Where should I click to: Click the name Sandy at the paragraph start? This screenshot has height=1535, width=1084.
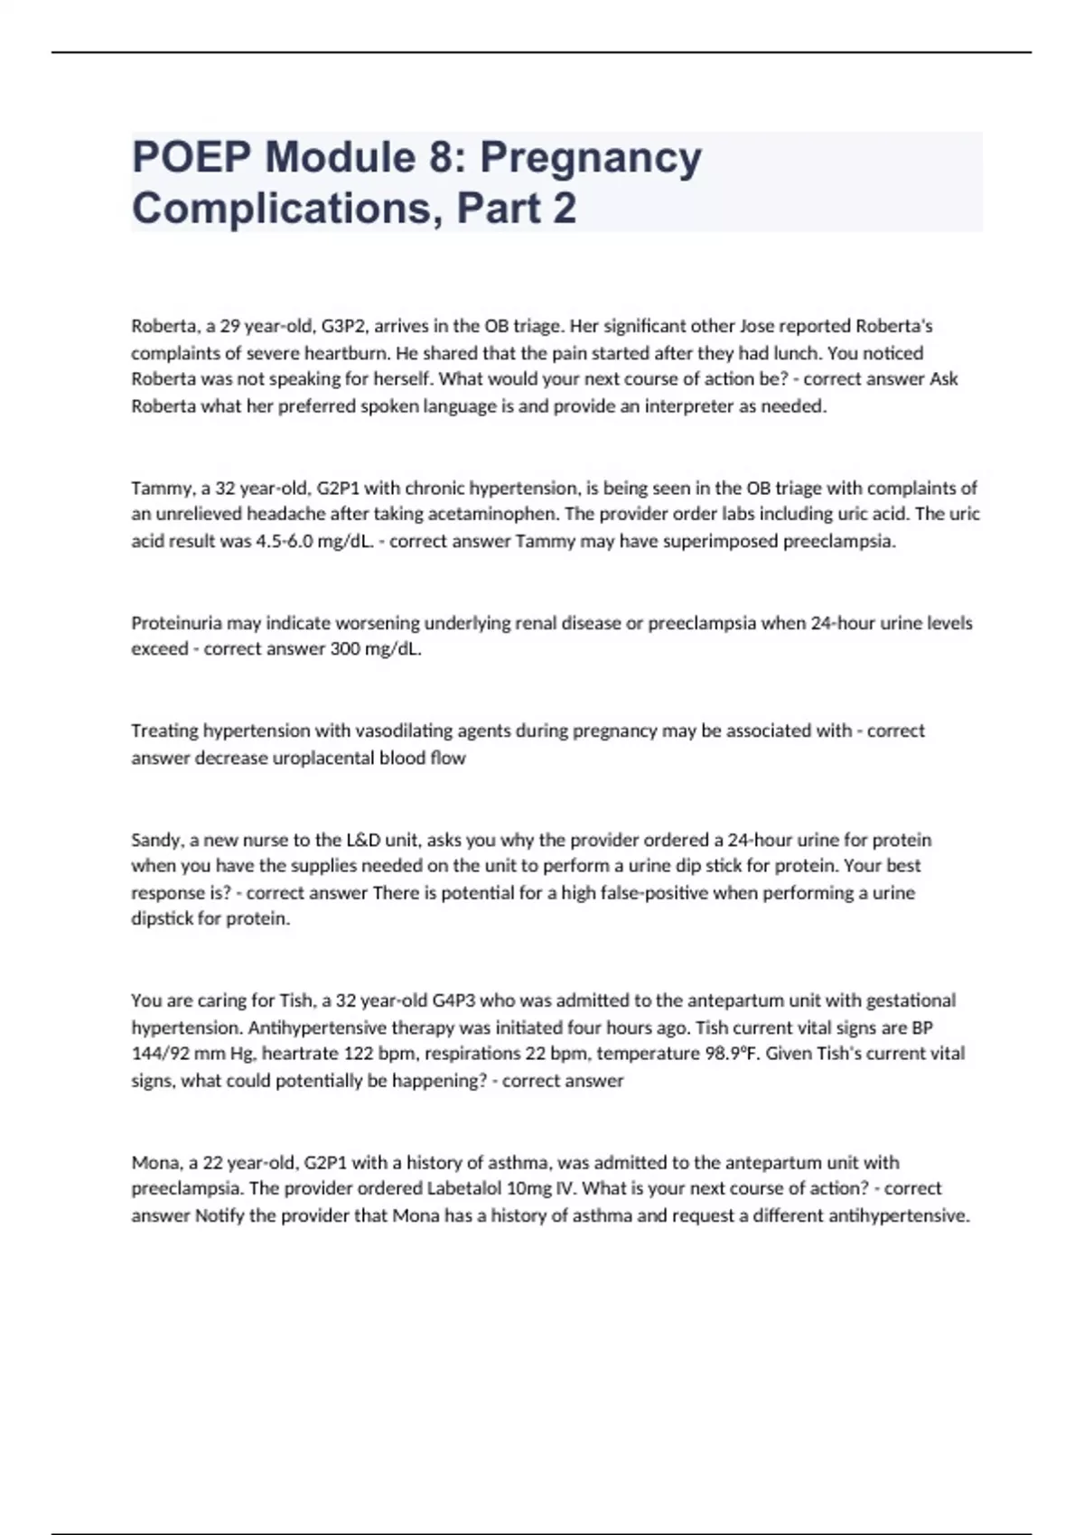point(156,839)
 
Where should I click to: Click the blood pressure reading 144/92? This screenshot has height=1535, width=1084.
point(162,1053)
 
